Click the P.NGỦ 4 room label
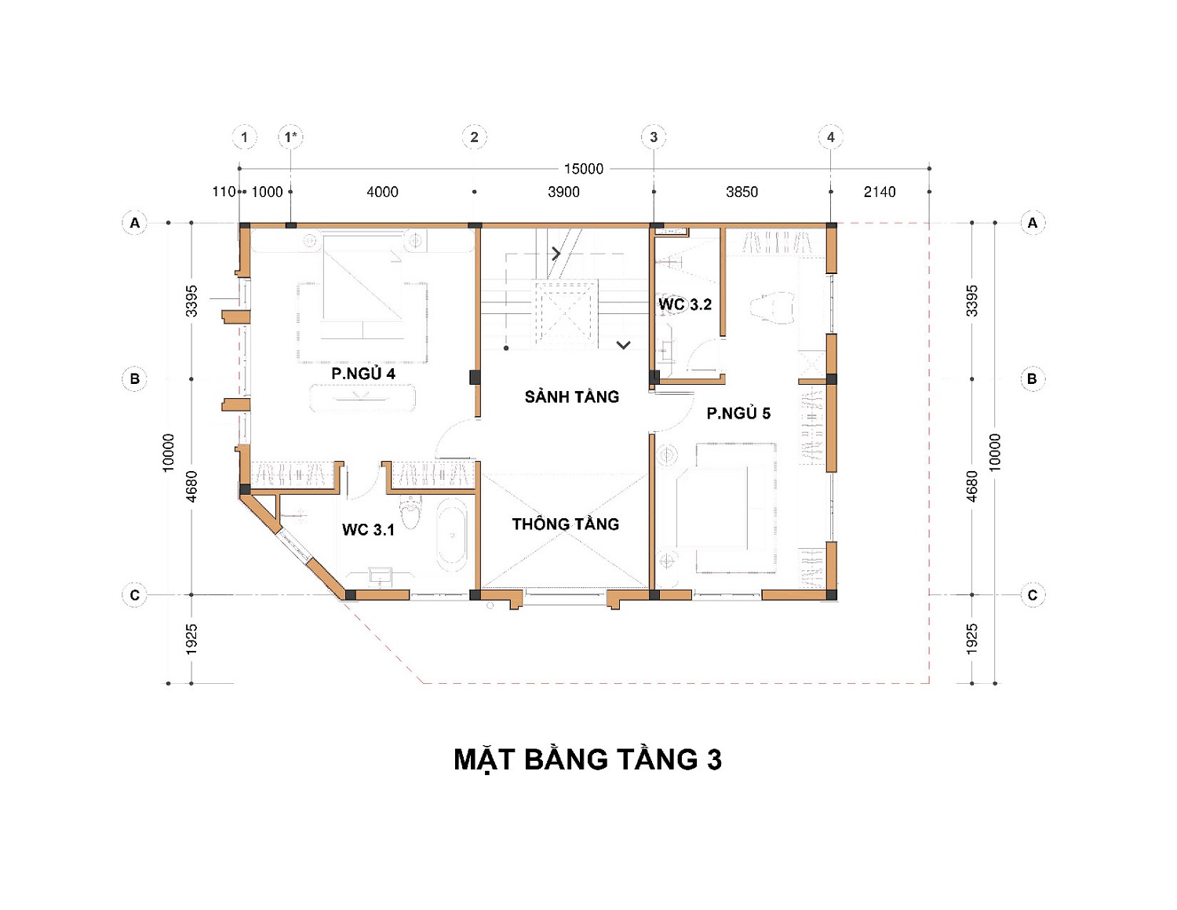tap(363, 373)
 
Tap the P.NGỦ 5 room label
tap(738, 413)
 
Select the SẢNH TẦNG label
tap(571, 397)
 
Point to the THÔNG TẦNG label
tap(566, 524)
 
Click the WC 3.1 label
tap(368, 529)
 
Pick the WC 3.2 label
tap(685, 304)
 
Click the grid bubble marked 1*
tap(291, 137)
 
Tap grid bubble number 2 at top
tap(474, 137)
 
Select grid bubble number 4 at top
tap(831, 137)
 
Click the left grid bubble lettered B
tap(135, 378)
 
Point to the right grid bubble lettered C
tap(1033, 594)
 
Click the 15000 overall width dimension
tap(583, 169)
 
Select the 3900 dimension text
tap(564, 192)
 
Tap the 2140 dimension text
tap(880, 192)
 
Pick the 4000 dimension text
tap(382, 192)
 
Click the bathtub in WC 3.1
tap(452, 535)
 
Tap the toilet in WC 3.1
tap(410, 511)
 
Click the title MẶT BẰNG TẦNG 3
tap(588, 759)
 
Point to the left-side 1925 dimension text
tap(191, 640)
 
